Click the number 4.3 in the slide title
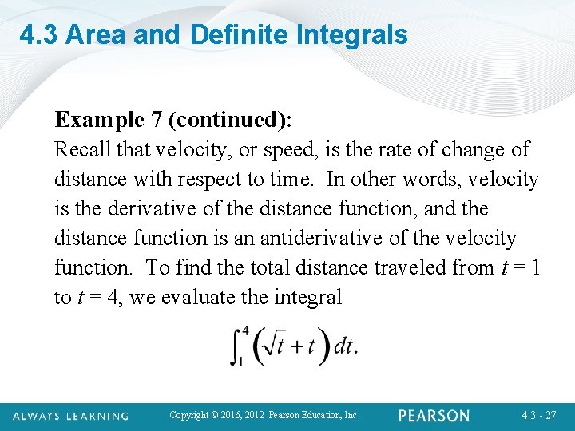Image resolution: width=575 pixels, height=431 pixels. coord(39,35)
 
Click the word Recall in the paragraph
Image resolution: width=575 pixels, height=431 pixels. coord(81,150)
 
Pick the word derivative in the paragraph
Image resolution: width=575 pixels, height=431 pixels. coord(141,209)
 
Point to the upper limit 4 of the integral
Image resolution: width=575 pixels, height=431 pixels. coord(244,329)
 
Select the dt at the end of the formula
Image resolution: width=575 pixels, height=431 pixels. coord(343,346)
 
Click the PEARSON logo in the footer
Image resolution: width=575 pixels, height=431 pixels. coord(434,416)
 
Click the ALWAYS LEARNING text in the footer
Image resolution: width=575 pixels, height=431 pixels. coord(70,416)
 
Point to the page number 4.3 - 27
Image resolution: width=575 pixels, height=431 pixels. coord(540,416)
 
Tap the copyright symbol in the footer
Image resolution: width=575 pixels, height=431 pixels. coord(215,416)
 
